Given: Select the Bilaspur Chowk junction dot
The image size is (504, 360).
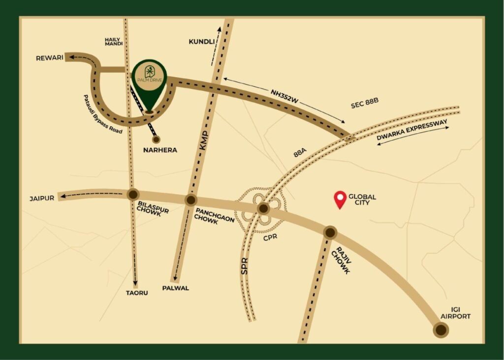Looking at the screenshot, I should tap(132, 194).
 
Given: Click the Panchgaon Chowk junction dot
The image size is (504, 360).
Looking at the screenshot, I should tap(191, 200).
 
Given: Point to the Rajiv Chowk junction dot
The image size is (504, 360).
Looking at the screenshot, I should tap(330, 232).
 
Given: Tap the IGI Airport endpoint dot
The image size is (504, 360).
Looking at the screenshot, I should tap(441, 330).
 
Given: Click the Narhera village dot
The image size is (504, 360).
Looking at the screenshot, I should tap(157, 139).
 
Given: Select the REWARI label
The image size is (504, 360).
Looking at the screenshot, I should tap(50, 58).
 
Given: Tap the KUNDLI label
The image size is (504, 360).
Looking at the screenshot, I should tap(202, 42).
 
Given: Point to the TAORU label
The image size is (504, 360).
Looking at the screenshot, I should tap(137, 293).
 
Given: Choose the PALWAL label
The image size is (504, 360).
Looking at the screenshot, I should tap(175, 288).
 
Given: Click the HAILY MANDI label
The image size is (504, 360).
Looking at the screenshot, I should tap(113, 41).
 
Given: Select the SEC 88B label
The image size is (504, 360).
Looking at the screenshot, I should tap(365, 105).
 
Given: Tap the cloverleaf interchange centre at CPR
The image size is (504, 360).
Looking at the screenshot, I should tap(263, 209).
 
